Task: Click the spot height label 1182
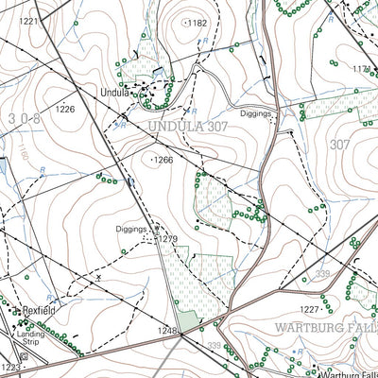(x=198, y=22)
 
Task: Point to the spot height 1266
(x=164, y=161)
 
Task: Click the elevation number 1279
(x=167, y=239)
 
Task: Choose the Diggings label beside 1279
(x=130, y=229)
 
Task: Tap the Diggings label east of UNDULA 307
(x=255, y=112)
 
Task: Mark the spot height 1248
(x=166, y=331)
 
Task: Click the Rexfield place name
(x=40, y=310)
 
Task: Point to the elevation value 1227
(x=308, y=309)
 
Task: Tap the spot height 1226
(x=64, y=110)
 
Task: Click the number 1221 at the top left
(x=29, y=21)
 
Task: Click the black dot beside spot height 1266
(x=153, y=161)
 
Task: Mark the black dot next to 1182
(x=185, y=22)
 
